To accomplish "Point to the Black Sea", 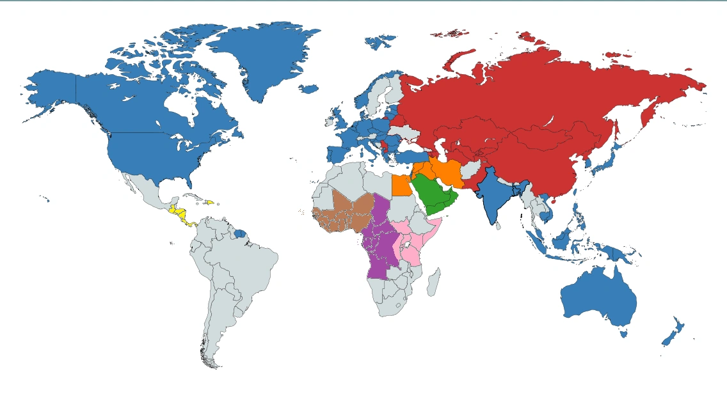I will point(411,146).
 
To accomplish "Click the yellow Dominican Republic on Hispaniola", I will point(209,203).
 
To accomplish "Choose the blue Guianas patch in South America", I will point(239,234).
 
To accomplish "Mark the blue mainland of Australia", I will point(598,297).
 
